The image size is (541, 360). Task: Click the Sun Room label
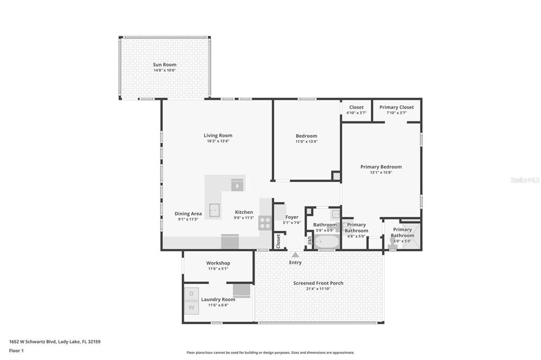(165, 64)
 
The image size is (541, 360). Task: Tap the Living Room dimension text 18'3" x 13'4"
(218, 141)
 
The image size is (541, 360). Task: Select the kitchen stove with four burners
(265, 223)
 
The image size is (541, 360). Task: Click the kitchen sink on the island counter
(214, 210)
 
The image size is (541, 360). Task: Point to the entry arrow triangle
(295, 255)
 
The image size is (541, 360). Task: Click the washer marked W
(191, 307)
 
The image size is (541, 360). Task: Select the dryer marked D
(191, 293)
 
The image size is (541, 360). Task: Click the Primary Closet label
(396, 107)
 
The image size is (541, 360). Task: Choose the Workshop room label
(218, 263)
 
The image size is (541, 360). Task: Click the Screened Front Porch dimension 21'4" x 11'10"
(318, 289)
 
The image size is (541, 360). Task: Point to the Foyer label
(292, 217)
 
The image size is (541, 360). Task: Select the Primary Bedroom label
(381, 167)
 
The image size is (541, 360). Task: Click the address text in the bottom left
(55, 342)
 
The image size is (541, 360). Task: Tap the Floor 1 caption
(17, 350)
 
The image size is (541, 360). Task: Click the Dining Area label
(188, 214)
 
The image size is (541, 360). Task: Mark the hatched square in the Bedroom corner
(335, 175)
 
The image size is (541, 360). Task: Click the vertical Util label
(310, 241)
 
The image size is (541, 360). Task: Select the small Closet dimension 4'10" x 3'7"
(356, 113)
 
